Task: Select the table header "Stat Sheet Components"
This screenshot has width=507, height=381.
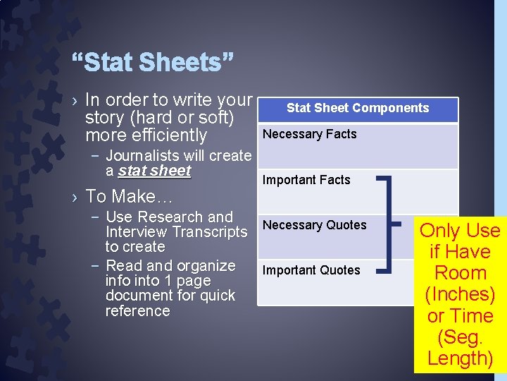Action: pyautogui.click(x=357, y=108)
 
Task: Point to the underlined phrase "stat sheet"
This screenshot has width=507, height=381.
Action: pyautogui.click(x=154, y=171)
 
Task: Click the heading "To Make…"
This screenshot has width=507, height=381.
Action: pyautogui.click(x=128, y=195)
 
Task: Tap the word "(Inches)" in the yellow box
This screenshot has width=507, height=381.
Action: pyautogui.click(x=460, y=294)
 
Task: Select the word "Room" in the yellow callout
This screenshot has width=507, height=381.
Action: pyautogui.click(x=460, y=273)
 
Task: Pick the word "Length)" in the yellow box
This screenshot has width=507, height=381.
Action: pyautogui.click(x=460, y=358)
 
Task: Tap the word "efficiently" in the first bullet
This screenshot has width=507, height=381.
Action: pyautogui.click(x=167, y=135)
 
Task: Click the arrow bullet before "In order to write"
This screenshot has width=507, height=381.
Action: pyautogui.click(x=75, y=101)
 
